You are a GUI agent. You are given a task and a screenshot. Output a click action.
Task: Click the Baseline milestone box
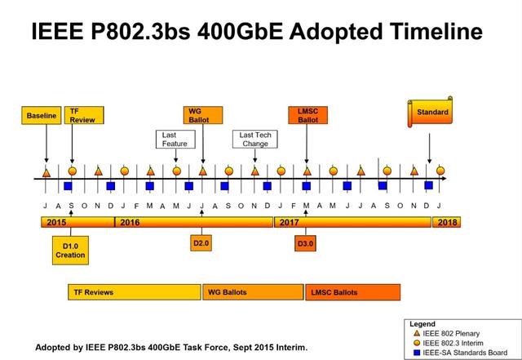(42, 115)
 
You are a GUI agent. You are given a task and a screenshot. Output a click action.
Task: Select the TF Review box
(84, 115)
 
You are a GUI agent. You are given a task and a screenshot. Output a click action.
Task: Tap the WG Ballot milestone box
(203, 115)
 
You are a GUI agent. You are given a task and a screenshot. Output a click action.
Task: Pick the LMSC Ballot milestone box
(308, 115)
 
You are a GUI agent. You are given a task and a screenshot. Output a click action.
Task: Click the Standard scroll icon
(430, 112)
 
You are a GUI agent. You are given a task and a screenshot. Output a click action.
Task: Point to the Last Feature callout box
(175, 140)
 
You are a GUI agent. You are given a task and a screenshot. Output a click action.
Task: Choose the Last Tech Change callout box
(255, 140)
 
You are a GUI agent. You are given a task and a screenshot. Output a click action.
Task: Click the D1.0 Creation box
(70, 251)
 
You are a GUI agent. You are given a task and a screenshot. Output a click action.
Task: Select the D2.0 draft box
(201, 243)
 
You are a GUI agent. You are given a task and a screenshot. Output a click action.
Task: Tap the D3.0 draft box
(305, 243)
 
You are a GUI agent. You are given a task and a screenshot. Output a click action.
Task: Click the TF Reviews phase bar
(135, 292)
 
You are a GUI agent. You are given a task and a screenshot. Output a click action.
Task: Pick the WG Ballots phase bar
(254, 292)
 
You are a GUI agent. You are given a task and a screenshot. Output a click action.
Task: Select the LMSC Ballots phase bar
(353, 292)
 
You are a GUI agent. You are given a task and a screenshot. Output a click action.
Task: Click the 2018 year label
(447, 222)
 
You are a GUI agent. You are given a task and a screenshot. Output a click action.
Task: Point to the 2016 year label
(130, 222)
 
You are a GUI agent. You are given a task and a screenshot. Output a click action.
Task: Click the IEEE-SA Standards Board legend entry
(460, 353)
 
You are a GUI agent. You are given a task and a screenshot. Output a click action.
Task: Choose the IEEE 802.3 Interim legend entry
(448, 343)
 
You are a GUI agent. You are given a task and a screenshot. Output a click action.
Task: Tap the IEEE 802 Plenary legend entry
(446, 333)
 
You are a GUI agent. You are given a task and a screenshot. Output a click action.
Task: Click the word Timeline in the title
(436, 31)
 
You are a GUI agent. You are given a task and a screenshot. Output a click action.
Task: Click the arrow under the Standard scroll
(430, 149)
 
